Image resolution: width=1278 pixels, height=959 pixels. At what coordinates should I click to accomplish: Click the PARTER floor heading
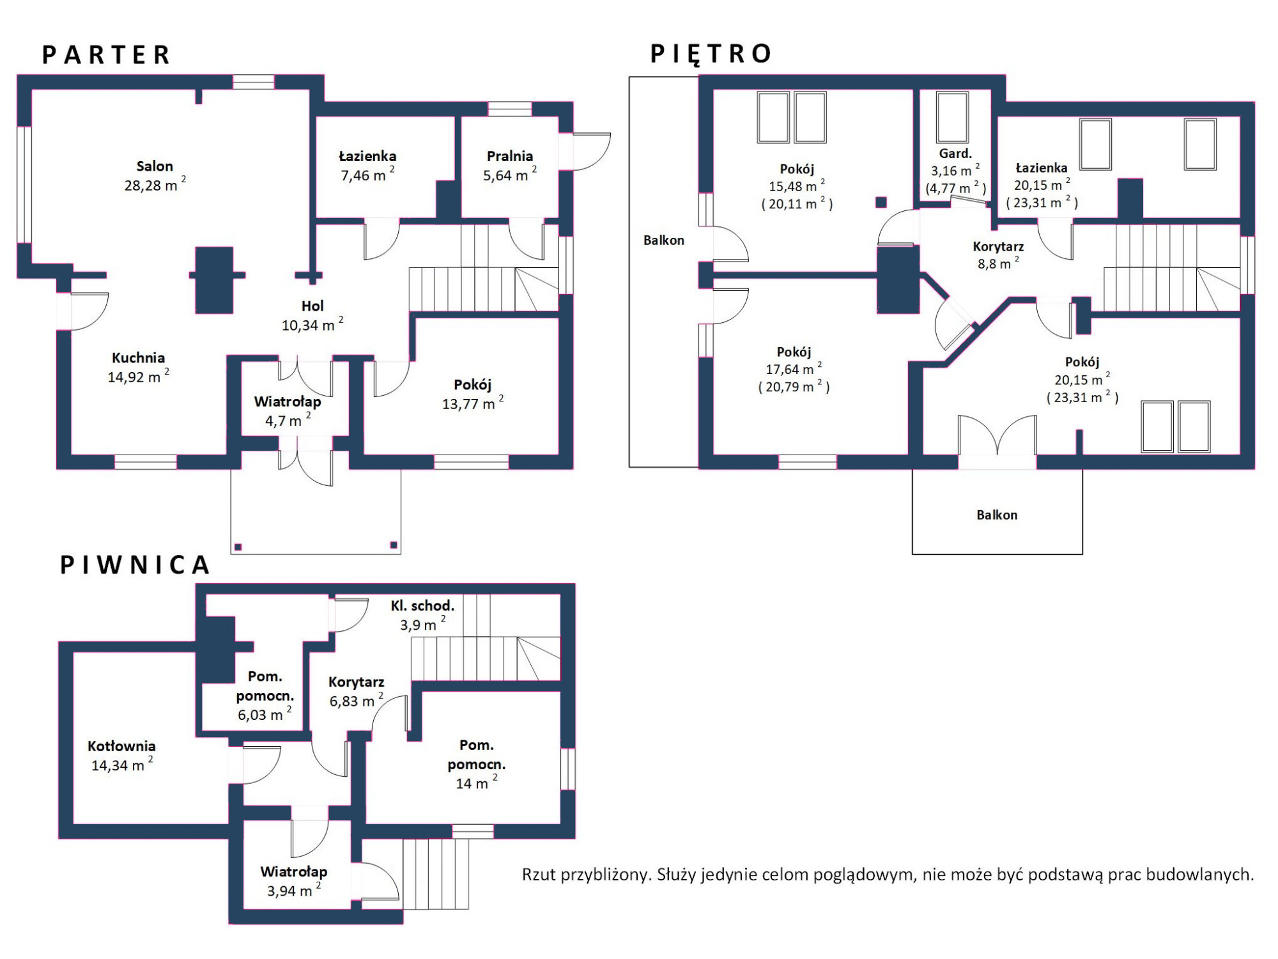pos(106,55)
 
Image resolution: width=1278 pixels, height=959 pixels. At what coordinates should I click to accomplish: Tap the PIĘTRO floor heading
pos(711,53)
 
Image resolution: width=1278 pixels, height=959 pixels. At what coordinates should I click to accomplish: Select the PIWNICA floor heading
pos(135,565)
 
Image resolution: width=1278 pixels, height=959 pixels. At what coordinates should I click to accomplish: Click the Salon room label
pos(155,166)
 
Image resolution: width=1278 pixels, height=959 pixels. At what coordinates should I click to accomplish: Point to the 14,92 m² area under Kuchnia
pos(139,377)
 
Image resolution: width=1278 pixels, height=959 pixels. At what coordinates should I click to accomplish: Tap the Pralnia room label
pos(510,156)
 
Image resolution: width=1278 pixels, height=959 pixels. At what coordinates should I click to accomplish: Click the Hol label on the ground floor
pos(312,306)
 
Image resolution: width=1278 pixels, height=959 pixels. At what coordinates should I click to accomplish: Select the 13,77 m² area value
pos(473,403)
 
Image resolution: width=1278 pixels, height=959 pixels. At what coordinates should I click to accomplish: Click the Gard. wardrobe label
pos(955,153)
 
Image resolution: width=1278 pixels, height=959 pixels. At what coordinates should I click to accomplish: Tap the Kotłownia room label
pos(121,746)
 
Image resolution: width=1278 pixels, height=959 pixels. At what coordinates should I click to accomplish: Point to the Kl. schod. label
pos(422,605)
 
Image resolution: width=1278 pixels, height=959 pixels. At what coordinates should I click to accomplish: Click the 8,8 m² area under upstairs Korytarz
pos(998,263)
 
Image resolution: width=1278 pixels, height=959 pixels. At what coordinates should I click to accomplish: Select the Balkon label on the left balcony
pos(664,240)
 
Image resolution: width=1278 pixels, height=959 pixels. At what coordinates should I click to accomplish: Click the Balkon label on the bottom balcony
pos(997,515)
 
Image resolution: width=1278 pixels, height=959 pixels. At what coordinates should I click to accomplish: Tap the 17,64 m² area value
pos(794,369)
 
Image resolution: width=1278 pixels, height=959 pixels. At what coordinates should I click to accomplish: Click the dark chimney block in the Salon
pos(214,280)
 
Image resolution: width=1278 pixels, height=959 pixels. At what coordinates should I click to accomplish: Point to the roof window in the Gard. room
pos(952,118)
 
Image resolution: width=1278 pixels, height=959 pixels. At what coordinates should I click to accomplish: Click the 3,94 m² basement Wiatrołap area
pos(294,891)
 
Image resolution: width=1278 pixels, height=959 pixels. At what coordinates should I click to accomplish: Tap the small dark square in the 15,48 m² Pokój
pos(881,202)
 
